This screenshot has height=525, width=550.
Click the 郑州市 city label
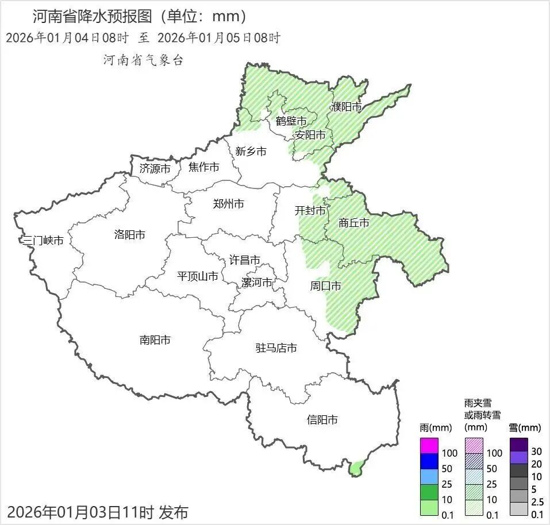tap(228, 204)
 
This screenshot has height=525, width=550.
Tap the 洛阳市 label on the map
tap(129, 234)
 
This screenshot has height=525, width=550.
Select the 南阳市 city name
tap(155, 340)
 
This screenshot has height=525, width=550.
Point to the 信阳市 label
tap(322, 420)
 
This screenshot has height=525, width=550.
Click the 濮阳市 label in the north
tap(346, 107)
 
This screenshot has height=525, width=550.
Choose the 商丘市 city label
tap(354, 223)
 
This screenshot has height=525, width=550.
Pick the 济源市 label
tap(155, 169)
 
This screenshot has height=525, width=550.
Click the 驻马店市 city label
tap(276, 348)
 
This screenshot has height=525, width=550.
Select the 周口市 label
tap(326, 285)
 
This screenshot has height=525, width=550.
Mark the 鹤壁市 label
tap(291, 121)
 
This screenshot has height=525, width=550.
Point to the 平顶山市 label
tap(197, 276)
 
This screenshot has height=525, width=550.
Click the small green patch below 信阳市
tap(356, 468)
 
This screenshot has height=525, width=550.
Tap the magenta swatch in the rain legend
tap(429, 446)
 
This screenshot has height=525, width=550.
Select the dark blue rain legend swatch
tap(429, 461)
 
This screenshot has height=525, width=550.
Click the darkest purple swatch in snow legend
tap(518, 445)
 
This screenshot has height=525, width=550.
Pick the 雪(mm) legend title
tap(525, 428)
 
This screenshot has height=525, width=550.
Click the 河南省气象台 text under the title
tap(143, 60)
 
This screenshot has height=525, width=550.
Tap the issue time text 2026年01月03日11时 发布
tap(98, 511)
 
